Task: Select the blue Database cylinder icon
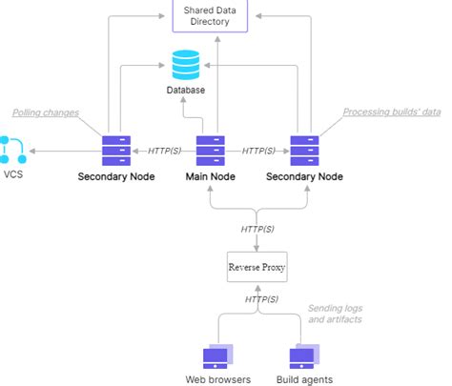(186, 65)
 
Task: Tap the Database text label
(186, 90)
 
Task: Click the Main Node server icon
(211, 151)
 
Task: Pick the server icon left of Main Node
(116, 151)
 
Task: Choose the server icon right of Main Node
(304, 151)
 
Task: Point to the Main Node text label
(211, 176)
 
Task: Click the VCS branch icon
(12, 150)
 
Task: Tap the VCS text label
(13, 174)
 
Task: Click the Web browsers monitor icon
(218, 356)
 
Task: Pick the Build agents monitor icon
(304, 356)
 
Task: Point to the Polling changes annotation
(46, 112)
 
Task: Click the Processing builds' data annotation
(392, 112)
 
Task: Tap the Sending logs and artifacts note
(336, 314)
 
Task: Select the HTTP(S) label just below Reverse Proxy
(261, 299)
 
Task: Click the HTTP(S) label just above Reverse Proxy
(257, 229)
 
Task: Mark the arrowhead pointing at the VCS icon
(32, 151)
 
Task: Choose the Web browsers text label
(218, 379)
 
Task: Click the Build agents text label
(304, 379)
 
